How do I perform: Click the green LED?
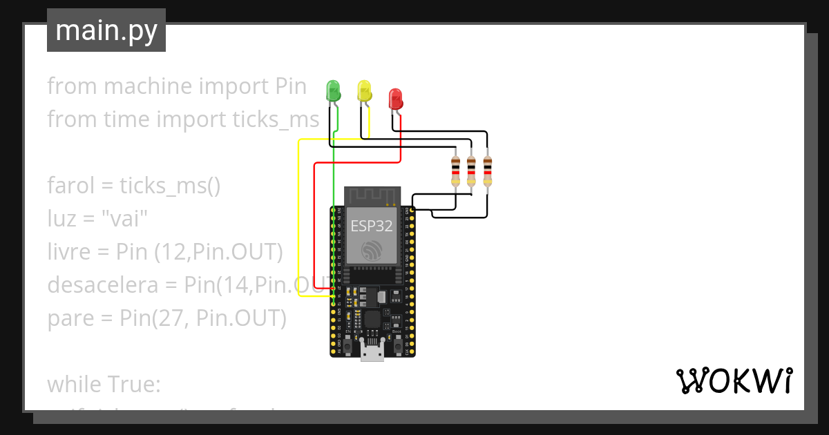click(x=333, y=91)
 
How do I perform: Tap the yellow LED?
click(x=364, y=91)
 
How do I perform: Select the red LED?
click(x=395, y=99)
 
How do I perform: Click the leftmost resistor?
click(x=455, y=171)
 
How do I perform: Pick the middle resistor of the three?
click(x=471, y=171)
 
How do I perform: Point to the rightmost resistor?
click(x=488, y=171)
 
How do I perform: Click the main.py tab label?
click(x=106, y=30)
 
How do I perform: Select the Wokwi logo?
click(x=733, y=381)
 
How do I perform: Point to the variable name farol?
click(x=68, y=186)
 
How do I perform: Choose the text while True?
click(x=104, y=384)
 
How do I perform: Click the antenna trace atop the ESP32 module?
click(x=373, y=196)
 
